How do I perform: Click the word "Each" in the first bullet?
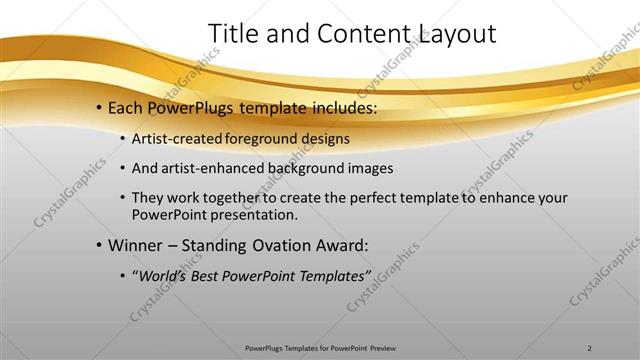tap(126, 107)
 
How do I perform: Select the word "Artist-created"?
tap(176, 138)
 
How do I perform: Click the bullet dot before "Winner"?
tap(100, 244)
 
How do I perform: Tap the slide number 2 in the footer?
tap(590, 348)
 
